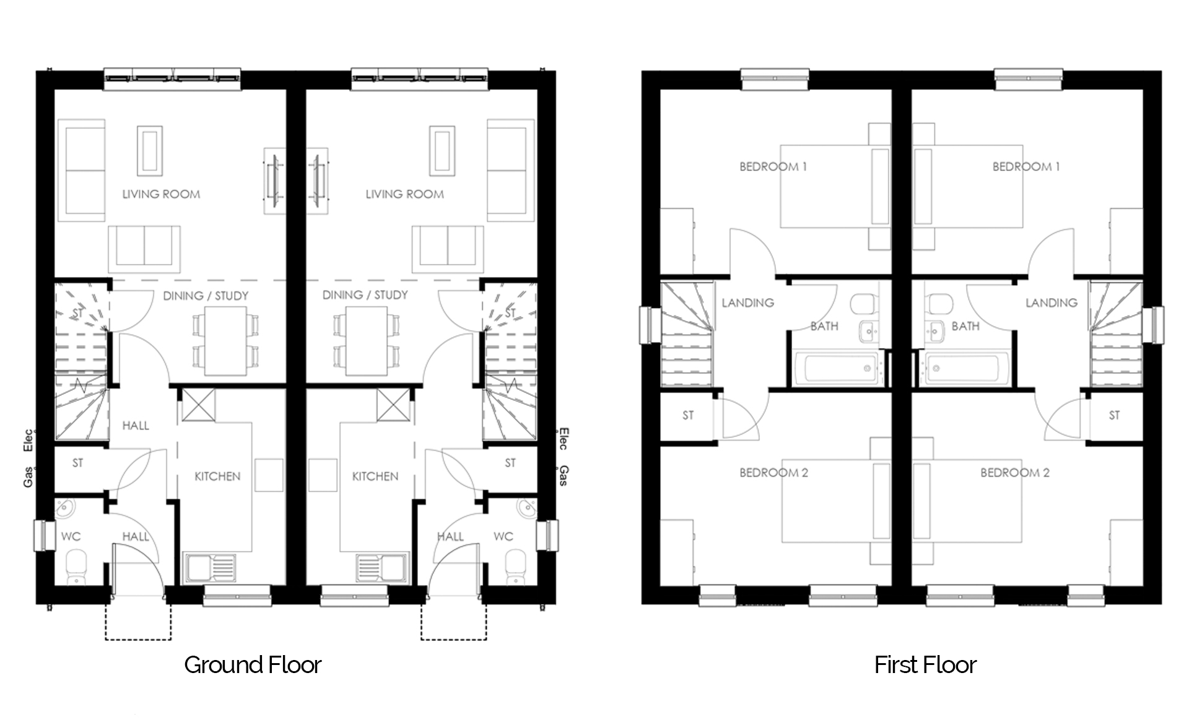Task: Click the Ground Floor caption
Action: [x=253, y=665]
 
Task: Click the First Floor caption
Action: [x=925, y=665]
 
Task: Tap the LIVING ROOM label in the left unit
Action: [x=161, y=194]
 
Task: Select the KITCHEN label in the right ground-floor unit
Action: [x=375, y=477]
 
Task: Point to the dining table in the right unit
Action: [x=367, y=341]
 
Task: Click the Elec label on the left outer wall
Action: [x=28, y=440]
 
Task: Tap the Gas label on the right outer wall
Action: [x=564, y=476]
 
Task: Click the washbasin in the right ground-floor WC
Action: [x=526, y=509]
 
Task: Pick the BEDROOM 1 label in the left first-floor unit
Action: [x=773, y=167]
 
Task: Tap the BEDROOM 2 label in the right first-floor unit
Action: [x=1015, y=473]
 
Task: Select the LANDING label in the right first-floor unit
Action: [x=1052, y=303]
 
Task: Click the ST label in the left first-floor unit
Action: [x=688, y=415]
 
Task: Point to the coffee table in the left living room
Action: [x=149, y=151]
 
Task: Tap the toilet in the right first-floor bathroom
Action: [x=941, y=304]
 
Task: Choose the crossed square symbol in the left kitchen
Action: [x=198, y=405]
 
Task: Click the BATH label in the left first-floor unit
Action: [x=824, y=326]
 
